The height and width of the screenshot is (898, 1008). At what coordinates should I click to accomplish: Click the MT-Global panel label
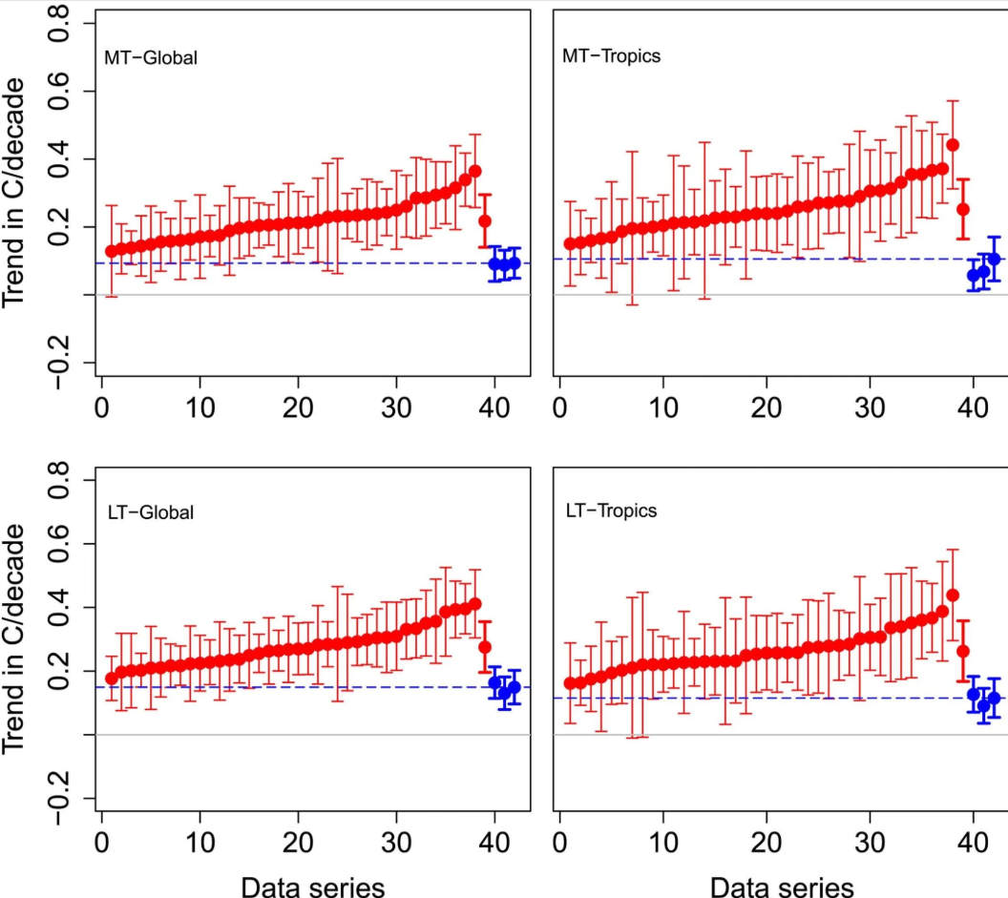pos(151,57)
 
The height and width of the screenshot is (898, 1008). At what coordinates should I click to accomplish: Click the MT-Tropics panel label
pos(612,55)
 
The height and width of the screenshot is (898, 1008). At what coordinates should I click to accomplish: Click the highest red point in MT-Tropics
pos(952,145)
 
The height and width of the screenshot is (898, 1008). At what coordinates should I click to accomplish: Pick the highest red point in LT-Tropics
pos(952,595)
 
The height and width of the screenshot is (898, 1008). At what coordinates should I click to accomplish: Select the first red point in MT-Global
pos(111,251)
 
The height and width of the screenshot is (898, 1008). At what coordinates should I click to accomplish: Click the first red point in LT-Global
pos(111,679)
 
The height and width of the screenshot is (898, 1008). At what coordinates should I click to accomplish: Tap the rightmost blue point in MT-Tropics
pos(994,259)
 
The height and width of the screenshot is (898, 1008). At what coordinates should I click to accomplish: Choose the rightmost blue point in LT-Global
pos(514,687)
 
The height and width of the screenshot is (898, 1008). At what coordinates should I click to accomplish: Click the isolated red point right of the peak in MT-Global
pos(485,220)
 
